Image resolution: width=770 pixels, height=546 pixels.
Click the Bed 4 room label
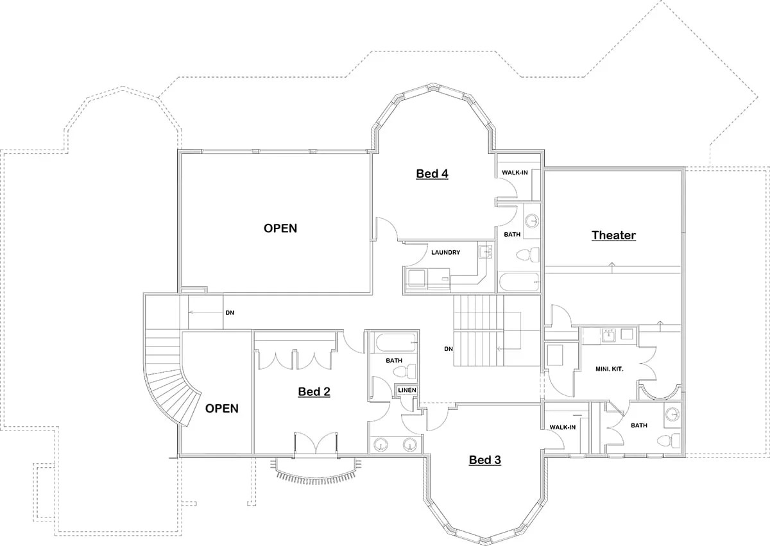pyautogui.click(x=432, y=174)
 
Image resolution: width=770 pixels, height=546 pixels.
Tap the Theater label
pyautogui.click(x=613, y=235)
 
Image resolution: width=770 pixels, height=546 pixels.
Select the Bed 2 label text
pyautogui.click(x=314, y=392)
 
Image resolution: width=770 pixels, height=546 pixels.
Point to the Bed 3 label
pyautogui.click(x=484, y=460)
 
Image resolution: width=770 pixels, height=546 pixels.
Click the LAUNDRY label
pyautogui.click(x=445, y=253)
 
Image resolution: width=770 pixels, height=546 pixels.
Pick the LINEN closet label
pyautogui.click(x=407, y=390)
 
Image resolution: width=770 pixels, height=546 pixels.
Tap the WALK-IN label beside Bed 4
pyautogui.click(x=515, y=173)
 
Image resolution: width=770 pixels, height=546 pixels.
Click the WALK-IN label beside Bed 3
pyautogui.click(x=563, y=427)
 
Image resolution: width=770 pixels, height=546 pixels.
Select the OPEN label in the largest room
pyautogui.click(x=280, y=228)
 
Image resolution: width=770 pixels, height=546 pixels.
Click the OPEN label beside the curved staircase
pyautogui.click(x=221, y=409)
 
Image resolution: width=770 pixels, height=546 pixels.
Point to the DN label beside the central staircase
pyautogui.click(x=449, y=350)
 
